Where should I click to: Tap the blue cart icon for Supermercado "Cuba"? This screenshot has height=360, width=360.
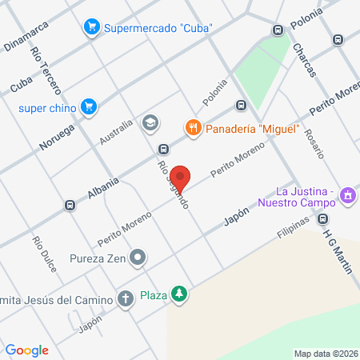[92, 27]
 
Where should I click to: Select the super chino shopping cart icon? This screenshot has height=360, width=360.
[89, 106]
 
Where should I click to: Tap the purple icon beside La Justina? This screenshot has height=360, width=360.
[346, 195]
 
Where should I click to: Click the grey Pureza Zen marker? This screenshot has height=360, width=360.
[138, 258]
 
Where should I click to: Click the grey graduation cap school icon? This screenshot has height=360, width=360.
[149, 123]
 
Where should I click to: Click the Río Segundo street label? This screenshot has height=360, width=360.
[174, 186]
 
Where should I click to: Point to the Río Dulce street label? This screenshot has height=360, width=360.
[44, 254]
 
